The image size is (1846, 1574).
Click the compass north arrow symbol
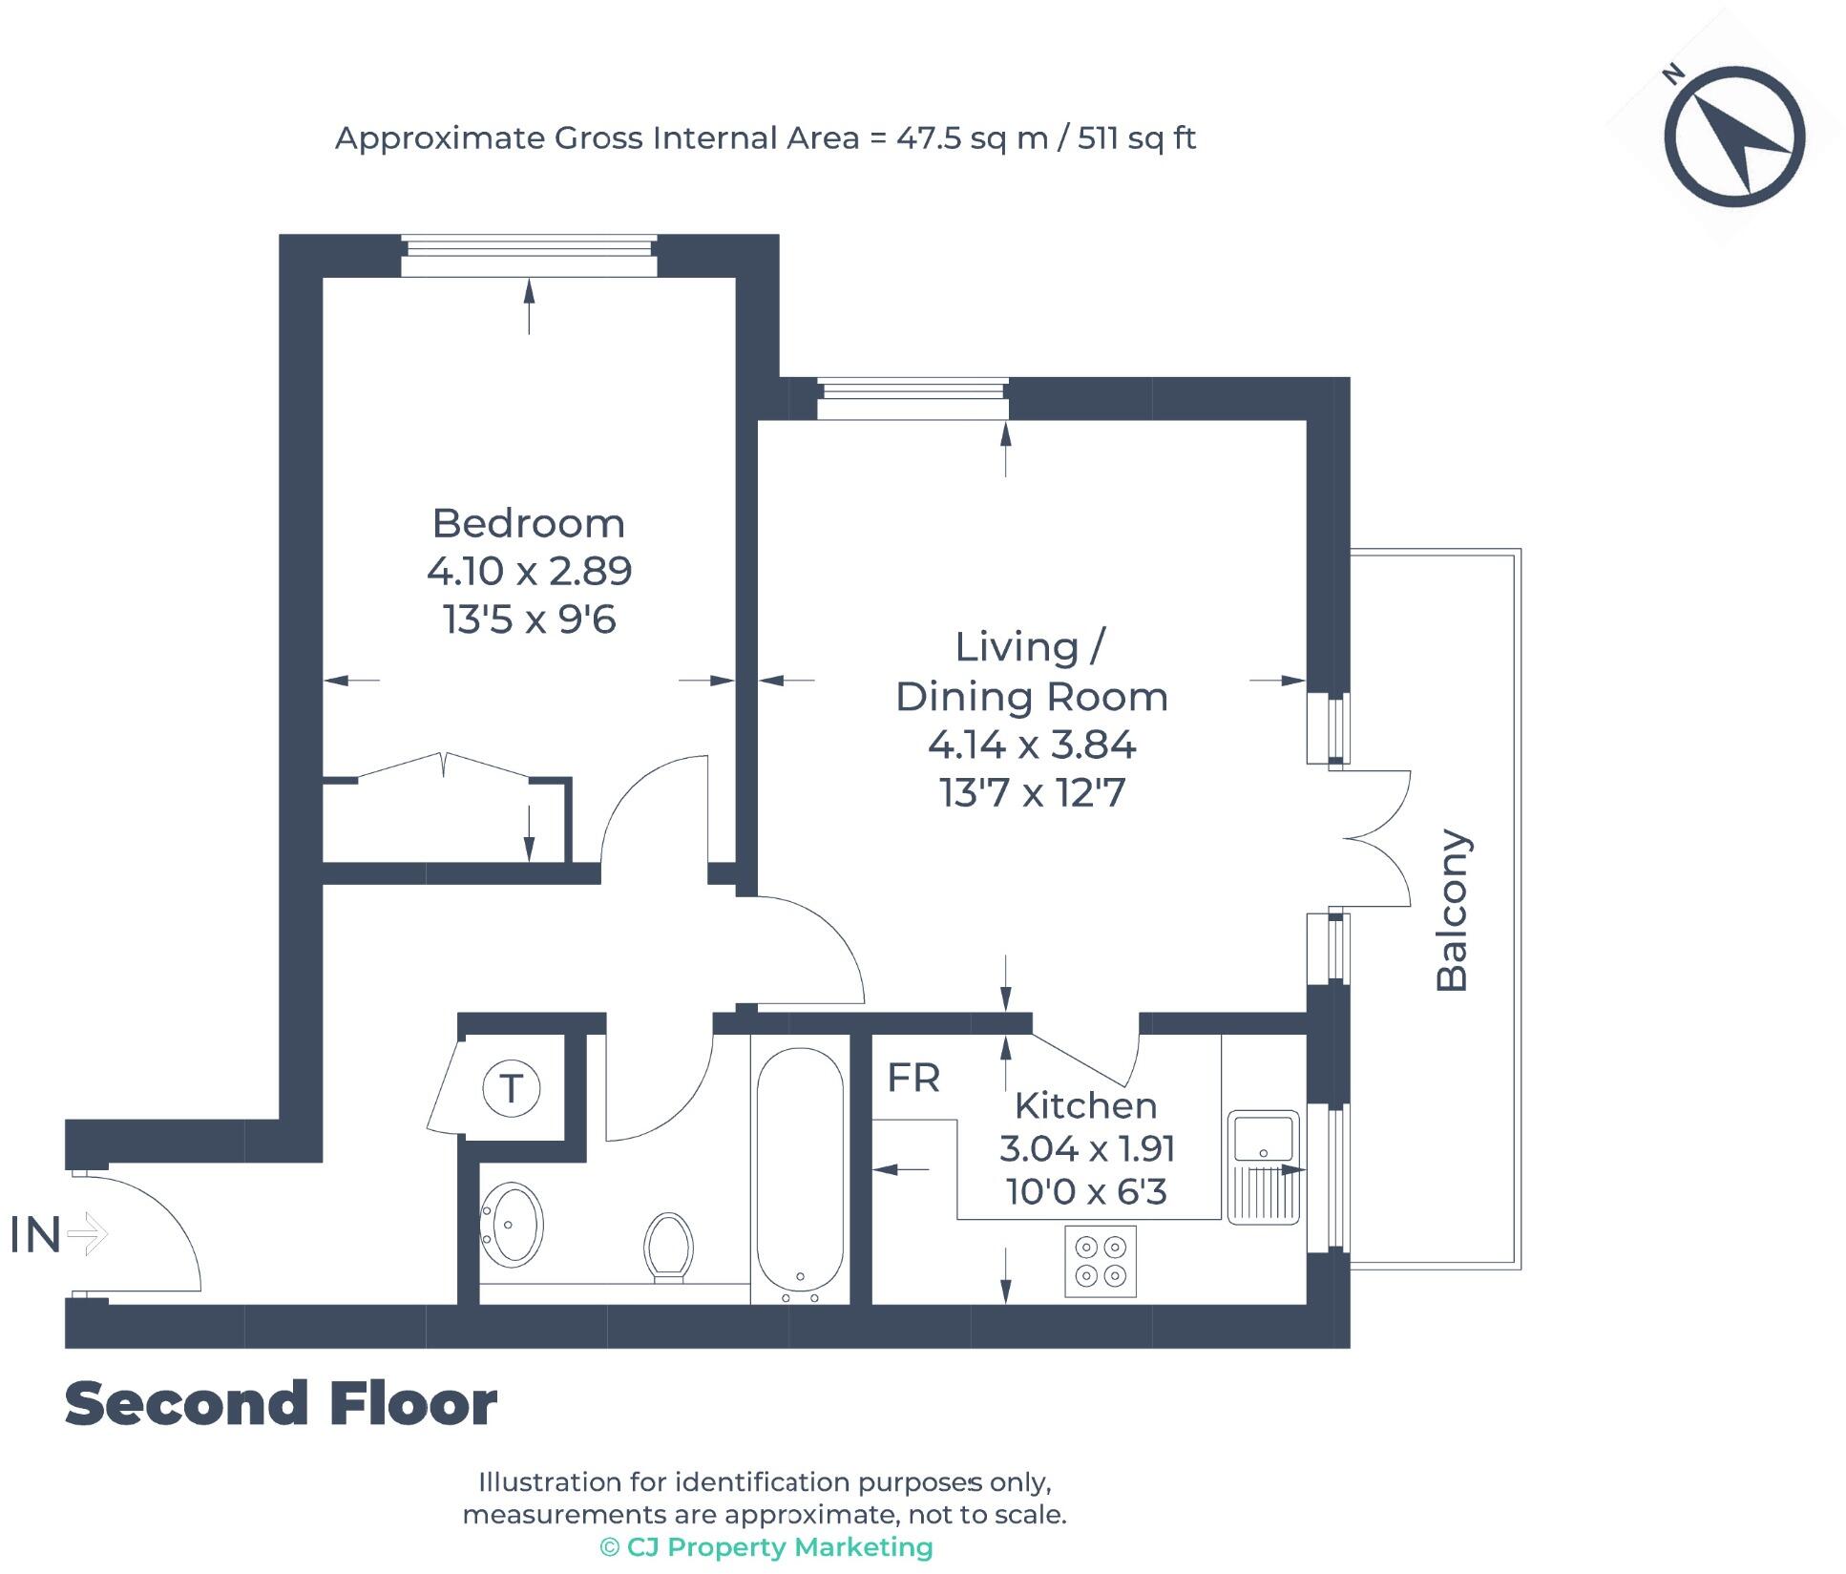pos(1734,136)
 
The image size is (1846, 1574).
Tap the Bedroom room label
pos(528,523)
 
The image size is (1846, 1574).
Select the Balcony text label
pos(1452,910)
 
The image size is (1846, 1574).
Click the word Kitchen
pos(1085,1105)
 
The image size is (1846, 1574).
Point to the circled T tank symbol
pos(512,1087)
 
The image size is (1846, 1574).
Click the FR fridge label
pos(913,1078)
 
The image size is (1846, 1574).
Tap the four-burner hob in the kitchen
pos(1101,1261)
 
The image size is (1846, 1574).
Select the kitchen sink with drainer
pos(1263,1166)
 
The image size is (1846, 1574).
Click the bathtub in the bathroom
pos(800,1173)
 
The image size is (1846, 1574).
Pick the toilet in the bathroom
pos(668,1246)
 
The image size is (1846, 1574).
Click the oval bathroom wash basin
pos(513,1226)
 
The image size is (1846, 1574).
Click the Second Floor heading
pos(281,1404)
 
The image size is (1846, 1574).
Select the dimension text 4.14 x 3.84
pos(1032,745)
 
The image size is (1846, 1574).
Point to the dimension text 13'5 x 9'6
pos(529,619)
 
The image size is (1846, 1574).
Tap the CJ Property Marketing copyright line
pos(766,1547)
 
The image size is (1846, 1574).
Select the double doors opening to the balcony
pos(1374,838)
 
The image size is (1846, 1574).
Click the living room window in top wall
pos(913,398)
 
